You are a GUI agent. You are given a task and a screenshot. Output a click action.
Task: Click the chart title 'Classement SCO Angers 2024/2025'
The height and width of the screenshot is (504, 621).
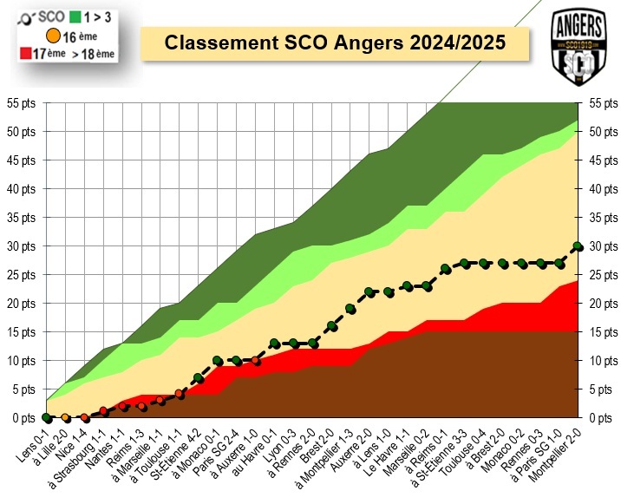335,43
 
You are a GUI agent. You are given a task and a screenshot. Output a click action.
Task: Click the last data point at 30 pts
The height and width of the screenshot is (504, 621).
578,246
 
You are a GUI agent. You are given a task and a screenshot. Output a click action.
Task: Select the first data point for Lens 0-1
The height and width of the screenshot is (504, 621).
46,417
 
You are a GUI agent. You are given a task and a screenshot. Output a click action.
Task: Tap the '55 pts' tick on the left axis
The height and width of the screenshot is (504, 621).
23,103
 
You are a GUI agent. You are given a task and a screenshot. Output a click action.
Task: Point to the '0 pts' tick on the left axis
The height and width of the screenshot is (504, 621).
25,417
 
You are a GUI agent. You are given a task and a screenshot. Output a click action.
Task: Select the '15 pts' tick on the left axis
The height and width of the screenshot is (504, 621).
23,332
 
